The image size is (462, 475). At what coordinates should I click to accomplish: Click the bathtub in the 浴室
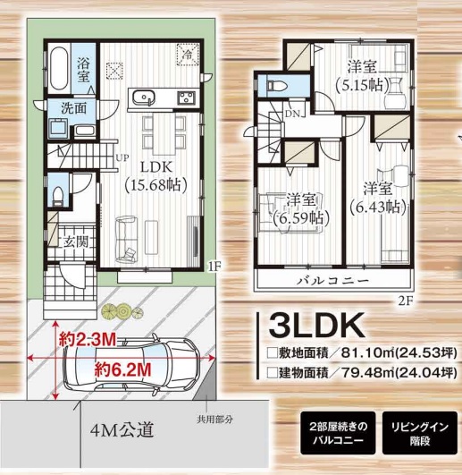[59, 69]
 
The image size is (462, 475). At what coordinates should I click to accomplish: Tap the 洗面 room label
[74, 108]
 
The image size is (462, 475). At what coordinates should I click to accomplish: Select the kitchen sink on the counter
[144, 98]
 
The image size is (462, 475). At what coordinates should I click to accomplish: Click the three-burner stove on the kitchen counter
[187, 98]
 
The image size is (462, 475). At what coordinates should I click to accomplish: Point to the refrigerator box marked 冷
[188, 55]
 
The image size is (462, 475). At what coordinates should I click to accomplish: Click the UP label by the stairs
[122, 157]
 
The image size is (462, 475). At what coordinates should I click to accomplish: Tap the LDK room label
[156, 167]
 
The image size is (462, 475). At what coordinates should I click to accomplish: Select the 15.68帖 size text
[155, 184]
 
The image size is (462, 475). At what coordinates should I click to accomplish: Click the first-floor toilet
[57, 195]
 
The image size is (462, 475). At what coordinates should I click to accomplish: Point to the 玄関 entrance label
[76, 242]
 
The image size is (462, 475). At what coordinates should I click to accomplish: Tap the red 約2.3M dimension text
[88, 340]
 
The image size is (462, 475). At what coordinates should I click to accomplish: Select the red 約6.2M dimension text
[122, 370]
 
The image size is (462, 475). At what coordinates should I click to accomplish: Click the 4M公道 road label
[122, 429]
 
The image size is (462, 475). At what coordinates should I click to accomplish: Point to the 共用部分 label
[214, 420]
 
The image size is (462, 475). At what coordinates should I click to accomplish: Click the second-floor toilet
[276, 85]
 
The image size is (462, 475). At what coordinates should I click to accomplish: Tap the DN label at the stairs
[292, 114]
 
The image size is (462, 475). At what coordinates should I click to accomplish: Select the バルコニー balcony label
[332, 281]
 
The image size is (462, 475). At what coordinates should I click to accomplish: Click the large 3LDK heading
[316, 325]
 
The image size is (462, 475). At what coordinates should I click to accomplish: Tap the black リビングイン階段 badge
[420, 433]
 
